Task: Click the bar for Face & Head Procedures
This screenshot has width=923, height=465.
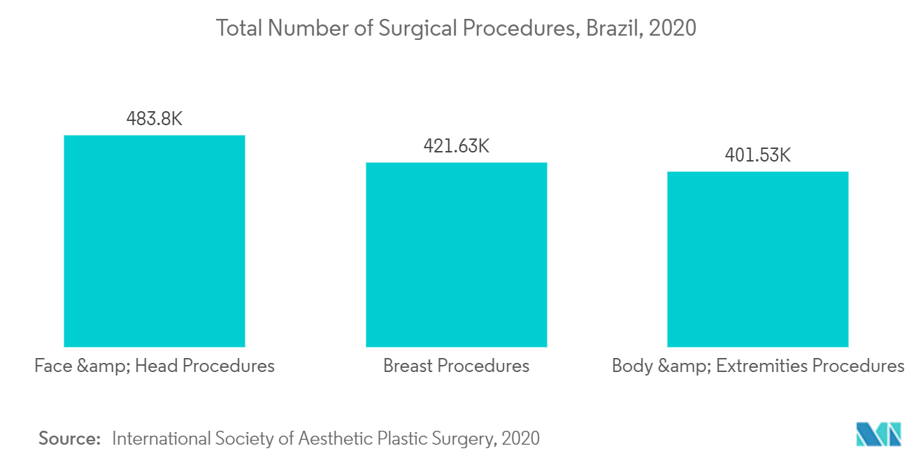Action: pos(155,241)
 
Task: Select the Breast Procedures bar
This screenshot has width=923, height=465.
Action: pos(456,255)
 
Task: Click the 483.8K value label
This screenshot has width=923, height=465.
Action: pos(155,119)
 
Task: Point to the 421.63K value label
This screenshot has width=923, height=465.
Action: pos(456,146)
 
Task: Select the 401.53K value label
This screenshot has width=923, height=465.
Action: pos(758,155)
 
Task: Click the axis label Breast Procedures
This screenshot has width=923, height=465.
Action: pos(456,366)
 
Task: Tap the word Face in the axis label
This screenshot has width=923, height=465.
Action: pos(52,366)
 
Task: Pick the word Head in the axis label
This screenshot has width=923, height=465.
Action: pos(155,366)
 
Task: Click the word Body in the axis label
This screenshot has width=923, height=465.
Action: pos(632,366)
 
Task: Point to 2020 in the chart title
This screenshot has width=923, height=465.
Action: pos(673,28)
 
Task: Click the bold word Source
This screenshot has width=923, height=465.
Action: pos(70,438)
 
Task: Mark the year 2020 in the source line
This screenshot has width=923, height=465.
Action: pos(520,438)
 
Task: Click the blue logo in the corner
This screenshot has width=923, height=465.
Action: pos(879,434)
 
